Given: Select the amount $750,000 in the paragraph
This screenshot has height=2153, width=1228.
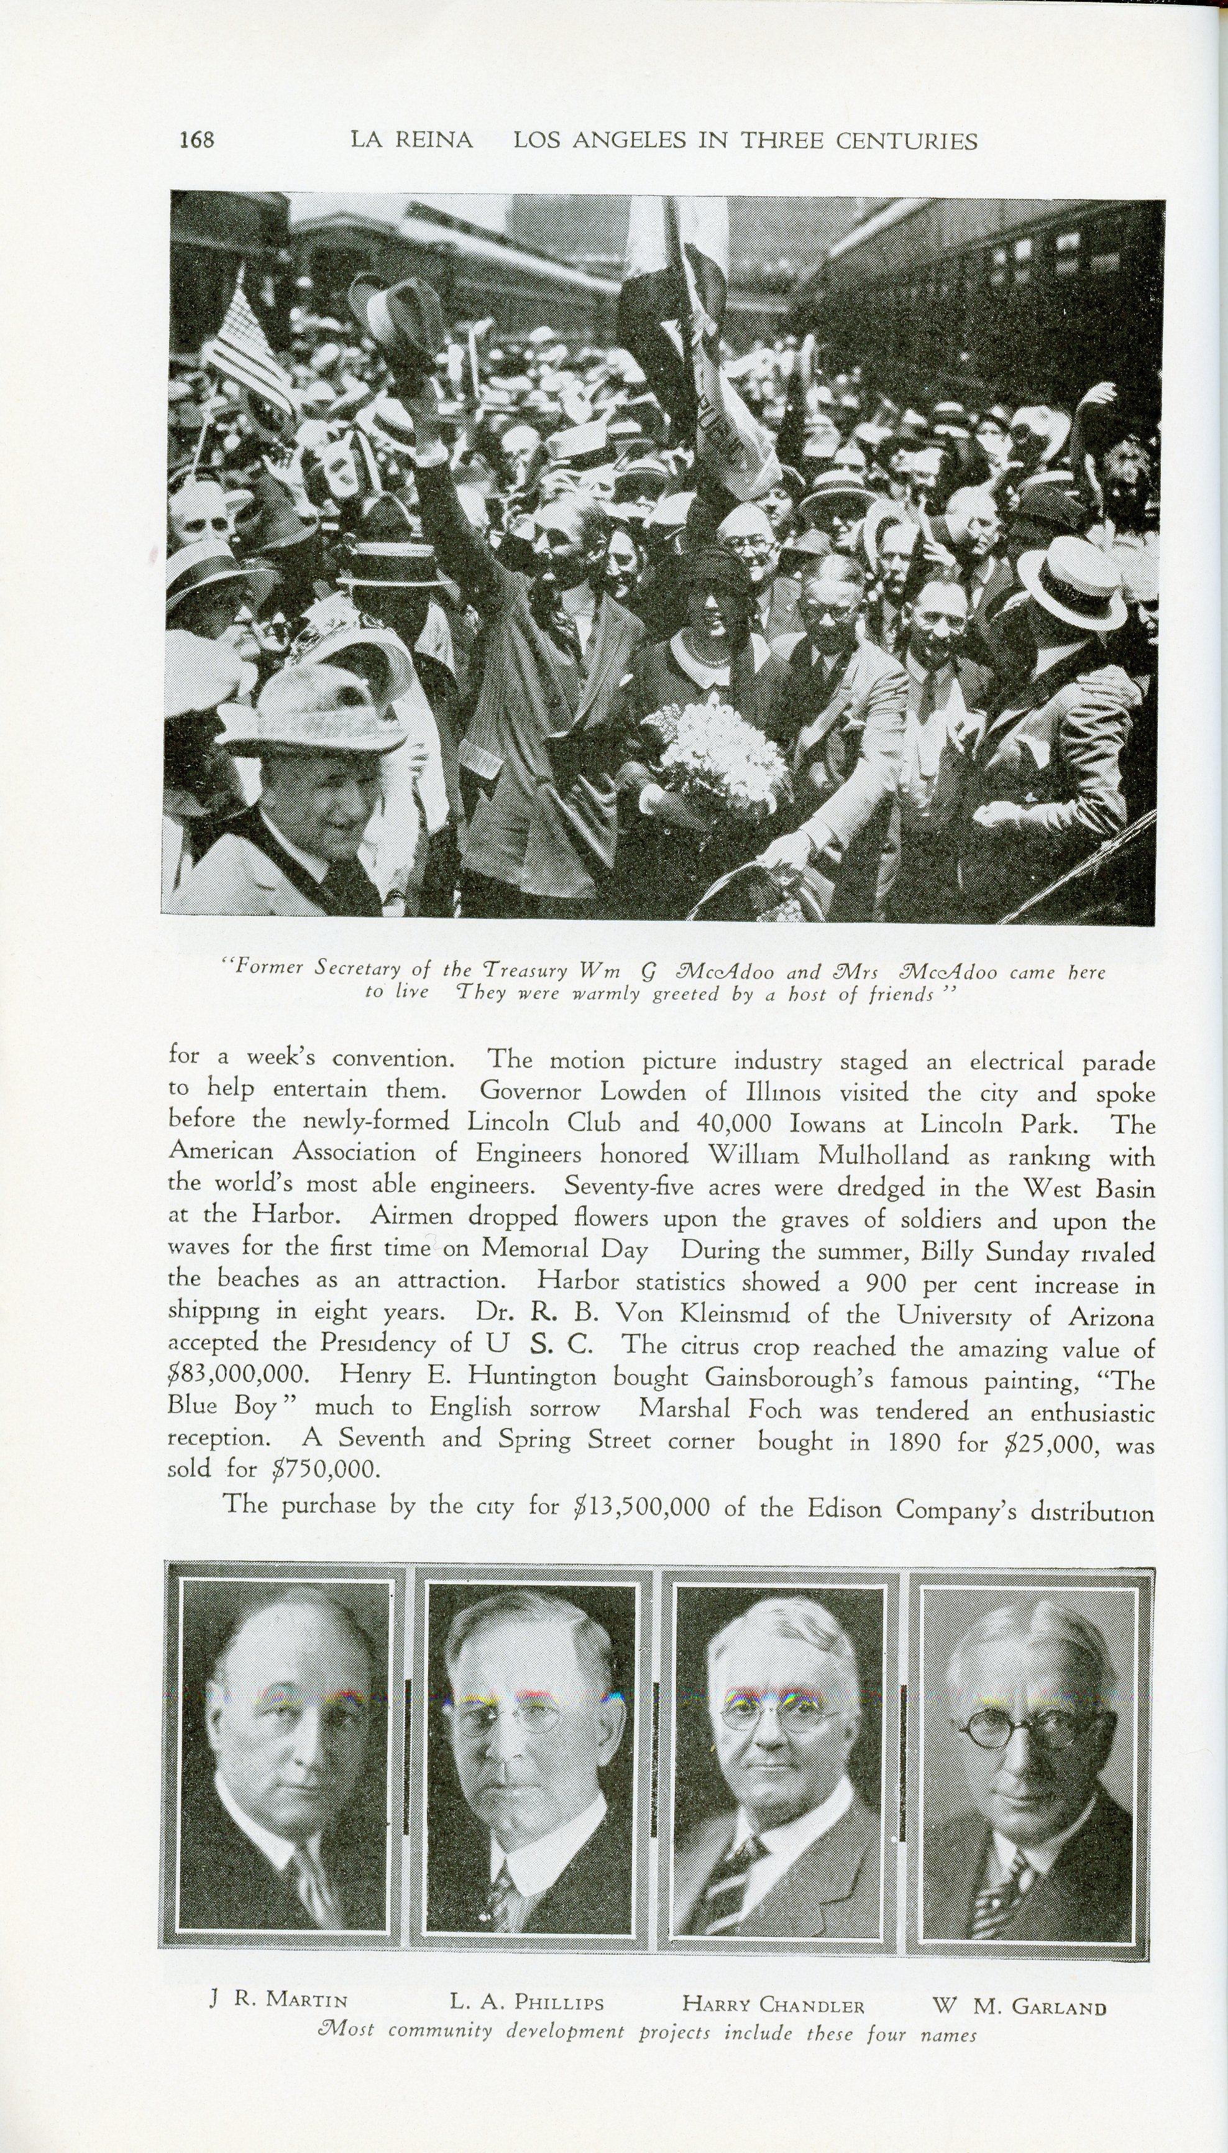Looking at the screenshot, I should click(x=324, y=1470).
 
